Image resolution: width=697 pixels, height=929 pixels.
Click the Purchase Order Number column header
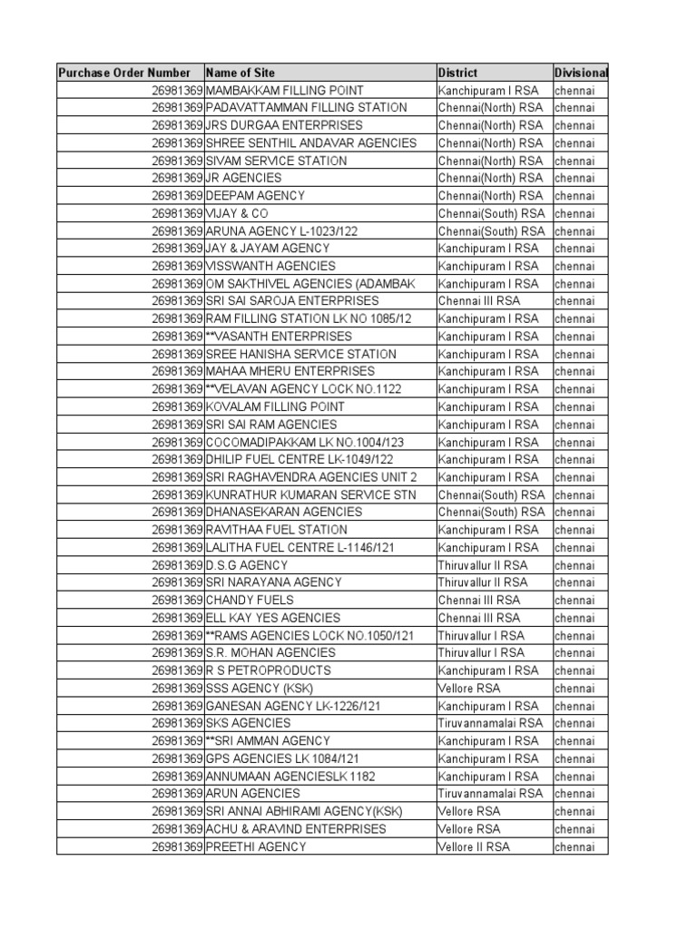tap(124, 73)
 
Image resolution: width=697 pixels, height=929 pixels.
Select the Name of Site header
tap(241, 73)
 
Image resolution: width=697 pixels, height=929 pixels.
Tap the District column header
tap(457, 73)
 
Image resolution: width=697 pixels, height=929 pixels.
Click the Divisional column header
tap(581, 73)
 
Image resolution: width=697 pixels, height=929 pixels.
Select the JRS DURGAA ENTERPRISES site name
tap(284, 125)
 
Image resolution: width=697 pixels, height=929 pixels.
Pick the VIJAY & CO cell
tap(238, 213)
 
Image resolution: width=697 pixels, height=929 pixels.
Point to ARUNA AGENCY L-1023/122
tap(282, 231)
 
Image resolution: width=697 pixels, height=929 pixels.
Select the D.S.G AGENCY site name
tap(247, 565)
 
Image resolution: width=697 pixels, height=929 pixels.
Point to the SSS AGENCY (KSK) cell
tap(259, 689)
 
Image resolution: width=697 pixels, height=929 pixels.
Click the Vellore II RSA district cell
tap(474, 846)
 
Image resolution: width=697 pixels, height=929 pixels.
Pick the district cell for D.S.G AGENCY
tap(482, 565)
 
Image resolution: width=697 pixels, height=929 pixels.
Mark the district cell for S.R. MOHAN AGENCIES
tap(481, 653)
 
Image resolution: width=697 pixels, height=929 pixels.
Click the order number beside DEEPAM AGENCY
tap(177, 196)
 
